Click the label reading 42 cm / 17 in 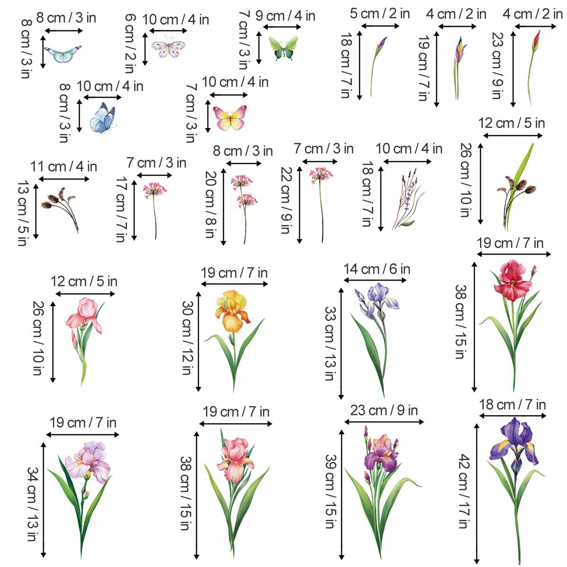click(x=464, y=491)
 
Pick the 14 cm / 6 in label click(x=377, y=269)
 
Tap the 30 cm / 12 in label click(x=188, y=337)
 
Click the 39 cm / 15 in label click(x=331, y=491)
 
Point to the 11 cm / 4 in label click(x=64, y=167)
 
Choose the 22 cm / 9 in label click(x=285, y=200)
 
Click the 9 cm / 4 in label click(x=285, y=16)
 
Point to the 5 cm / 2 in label click(x=379, y=14)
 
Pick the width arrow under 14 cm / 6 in click(x=375, y=280)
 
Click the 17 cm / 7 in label click(x=122, y=209)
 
